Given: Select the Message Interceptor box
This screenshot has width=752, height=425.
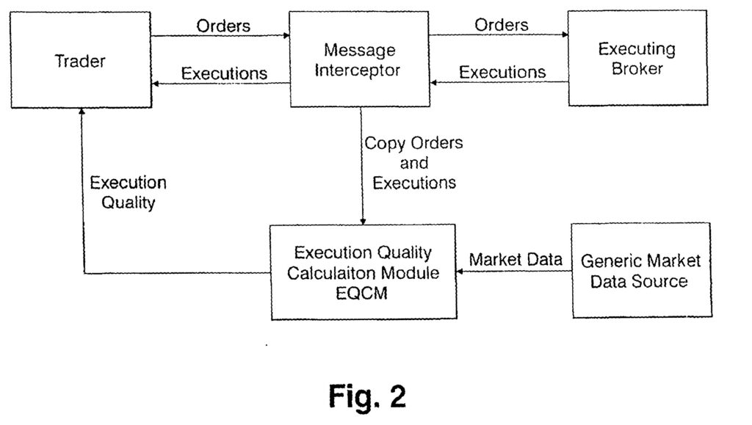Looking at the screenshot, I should point(361,60).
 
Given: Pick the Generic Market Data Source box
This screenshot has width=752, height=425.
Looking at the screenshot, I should point(641,270).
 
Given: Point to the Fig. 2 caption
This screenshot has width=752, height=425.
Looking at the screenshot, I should point(367,397).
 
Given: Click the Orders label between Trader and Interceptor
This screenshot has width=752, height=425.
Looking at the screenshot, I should point(223,26).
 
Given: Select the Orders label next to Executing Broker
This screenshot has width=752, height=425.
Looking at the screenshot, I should point(502,25).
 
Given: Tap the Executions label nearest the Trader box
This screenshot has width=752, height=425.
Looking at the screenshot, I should point(224,73).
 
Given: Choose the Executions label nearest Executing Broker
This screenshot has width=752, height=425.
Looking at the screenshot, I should point(502,72).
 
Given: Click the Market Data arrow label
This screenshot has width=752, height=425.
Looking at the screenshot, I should point(516,259).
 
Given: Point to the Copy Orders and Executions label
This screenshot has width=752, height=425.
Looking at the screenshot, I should point(414,163).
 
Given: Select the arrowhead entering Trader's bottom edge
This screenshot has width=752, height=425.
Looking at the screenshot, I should point(82,112).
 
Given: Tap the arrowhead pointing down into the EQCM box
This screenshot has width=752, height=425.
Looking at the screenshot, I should point(361,221).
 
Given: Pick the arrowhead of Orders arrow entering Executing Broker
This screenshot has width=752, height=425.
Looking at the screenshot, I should point(565,34).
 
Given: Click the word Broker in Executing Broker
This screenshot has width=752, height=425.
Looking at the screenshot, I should point(637,70).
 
